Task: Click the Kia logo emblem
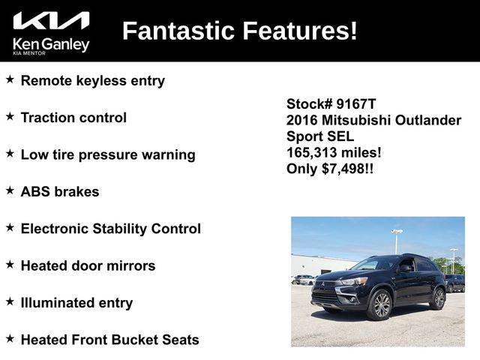[51, 20]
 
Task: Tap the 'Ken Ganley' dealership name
[51, 44]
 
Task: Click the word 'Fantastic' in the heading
[178, 31]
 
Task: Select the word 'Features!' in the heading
[300, 31]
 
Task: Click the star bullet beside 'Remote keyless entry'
[10, 79]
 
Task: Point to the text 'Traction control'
[73, 118]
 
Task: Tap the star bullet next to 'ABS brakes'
[10, 190]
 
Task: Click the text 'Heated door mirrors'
[88, 265]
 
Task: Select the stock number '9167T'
[356, 104]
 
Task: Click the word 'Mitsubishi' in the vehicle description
[356, 120]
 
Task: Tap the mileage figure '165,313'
[312, 152]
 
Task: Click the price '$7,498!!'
[348, 169]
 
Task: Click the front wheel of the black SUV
[380, 305]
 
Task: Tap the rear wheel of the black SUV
[438, 298]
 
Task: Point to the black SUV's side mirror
[405, 268]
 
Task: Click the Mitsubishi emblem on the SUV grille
[322, 285]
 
